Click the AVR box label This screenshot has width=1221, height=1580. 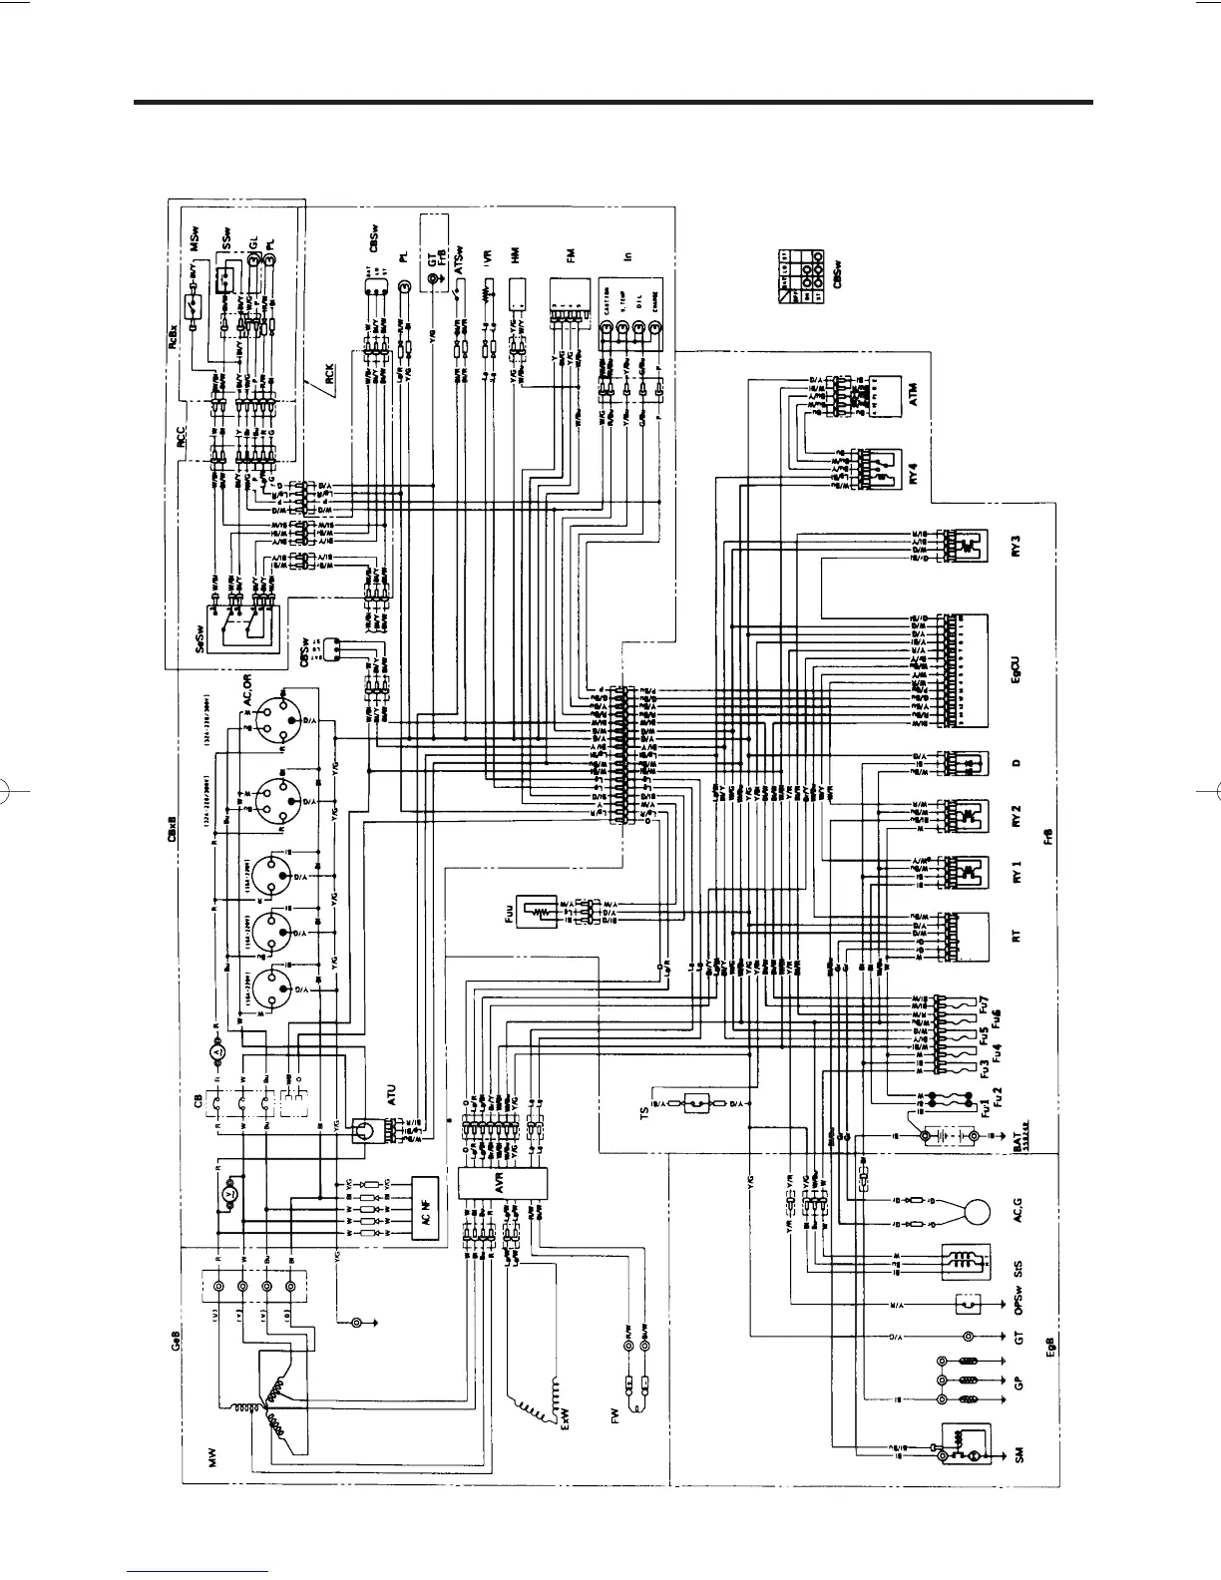pyautogui.click(x=477, y=1183)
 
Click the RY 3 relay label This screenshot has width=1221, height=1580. pyautogui.click(x=1017, y=548)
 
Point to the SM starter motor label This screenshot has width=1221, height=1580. pyautogui.click(x=1018, y=1458)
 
